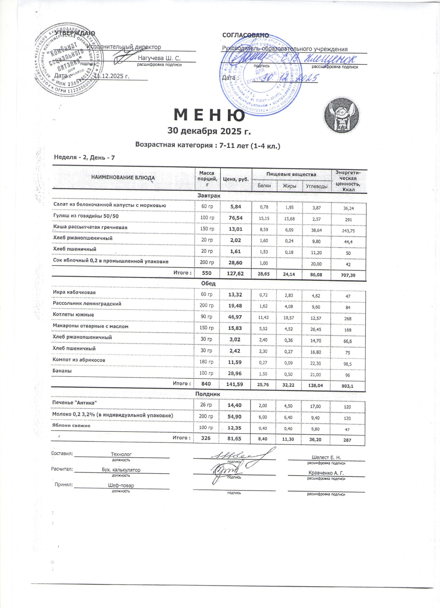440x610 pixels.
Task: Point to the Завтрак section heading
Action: point(209,196)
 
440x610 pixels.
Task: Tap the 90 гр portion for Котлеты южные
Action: point(207,317)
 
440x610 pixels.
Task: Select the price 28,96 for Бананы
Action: point(235,374)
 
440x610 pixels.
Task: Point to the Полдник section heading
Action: point(208,394)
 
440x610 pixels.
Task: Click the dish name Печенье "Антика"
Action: point(74,402)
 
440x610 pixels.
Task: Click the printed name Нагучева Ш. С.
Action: point(159,58)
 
